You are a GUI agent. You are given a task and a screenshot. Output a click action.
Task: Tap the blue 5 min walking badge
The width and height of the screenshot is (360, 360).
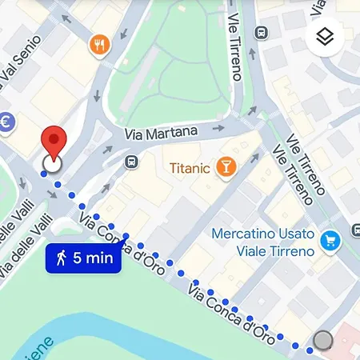click(83, 258)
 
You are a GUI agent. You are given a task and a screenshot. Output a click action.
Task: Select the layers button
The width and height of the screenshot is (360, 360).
click(324, 37)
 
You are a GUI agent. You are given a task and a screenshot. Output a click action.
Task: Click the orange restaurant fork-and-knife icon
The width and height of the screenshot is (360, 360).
click(100, 45)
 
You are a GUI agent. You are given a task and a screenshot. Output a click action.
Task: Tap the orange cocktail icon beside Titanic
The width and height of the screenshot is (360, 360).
click(226, 167)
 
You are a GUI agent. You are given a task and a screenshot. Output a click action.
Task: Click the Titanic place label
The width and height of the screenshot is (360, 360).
click(190, 168)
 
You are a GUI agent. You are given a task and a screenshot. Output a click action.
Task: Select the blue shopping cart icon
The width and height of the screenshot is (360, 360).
click(329, 239)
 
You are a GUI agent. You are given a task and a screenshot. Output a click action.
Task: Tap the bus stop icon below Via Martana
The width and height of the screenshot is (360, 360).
click(130, 162)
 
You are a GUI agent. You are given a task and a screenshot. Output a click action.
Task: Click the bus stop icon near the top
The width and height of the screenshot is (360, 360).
click(260, 32)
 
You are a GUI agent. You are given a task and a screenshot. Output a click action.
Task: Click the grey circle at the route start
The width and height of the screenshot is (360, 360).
click(323, 340)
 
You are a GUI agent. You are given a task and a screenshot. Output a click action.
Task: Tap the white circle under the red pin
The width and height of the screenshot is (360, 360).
click(52, 164)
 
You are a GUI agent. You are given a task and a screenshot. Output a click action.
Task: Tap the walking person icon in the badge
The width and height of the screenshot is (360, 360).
click(62, 258)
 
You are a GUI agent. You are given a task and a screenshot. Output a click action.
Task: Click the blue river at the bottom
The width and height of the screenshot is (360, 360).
click(120, 340)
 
